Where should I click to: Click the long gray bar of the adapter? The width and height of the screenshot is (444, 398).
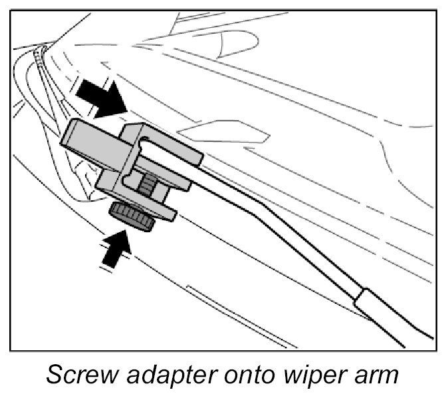point(93,147)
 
